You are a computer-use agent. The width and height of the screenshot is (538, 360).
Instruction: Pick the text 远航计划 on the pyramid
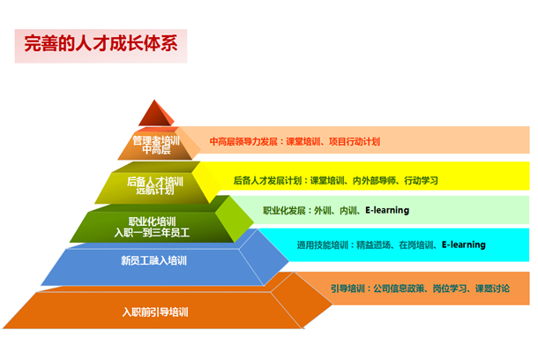tap(157, 191)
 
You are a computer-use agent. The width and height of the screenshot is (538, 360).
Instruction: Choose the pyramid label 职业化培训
tap(152, 221)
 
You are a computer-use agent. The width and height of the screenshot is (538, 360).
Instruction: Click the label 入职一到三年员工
tap(152, 232)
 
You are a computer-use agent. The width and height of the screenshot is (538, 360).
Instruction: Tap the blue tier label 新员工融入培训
tap(153, 260)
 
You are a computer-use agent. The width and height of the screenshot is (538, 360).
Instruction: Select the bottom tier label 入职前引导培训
tap(155, 311)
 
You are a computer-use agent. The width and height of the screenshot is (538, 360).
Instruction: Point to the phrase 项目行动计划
tap(353, 141)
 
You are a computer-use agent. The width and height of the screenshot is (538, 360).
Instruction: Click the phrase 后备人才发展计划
tap(268, 181)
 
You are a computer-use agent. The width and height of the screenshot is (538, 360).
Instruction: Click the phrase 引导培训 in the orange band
tap(347, 288)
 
